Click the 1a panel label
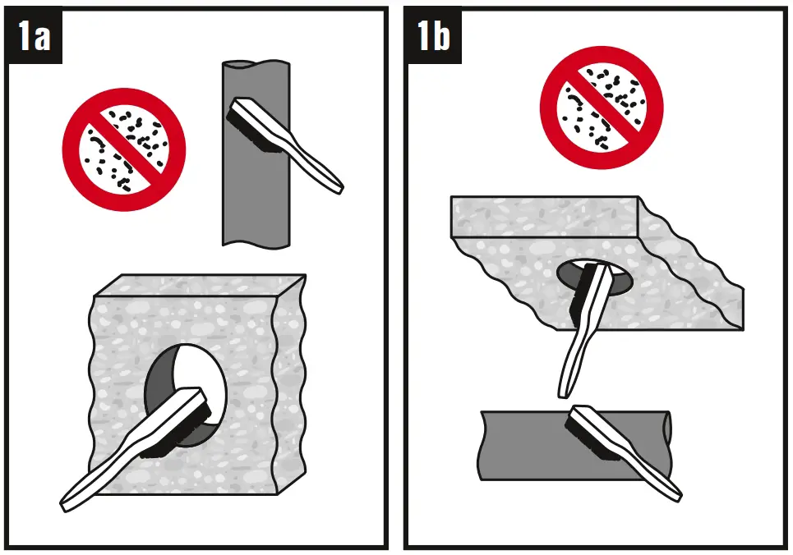tap(35, 35)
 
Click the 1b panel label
tap(433, 35)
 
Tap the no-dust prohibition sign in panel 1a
tap(124, 149)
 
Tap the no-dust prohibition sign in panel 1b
tap(602, 108)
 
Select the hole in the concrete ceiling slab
tap(594, 278)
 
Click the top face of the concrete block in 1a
tap(200, 285)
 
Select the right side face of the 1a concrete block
tap(290, 384)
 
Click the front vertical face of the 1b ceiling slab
tap(544, 217)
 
